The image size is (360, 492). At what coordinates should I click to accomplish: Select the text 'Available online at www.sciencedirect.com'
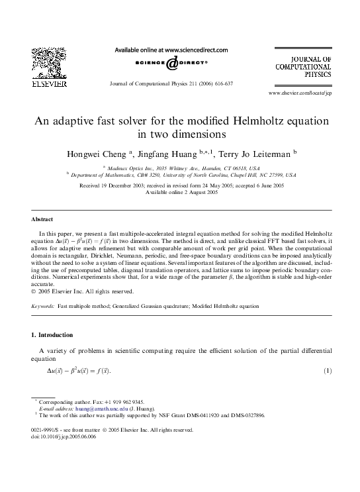pos(171,50)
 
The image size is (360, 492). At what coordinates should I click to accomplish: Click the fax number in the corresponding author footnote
pos(124,402)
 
